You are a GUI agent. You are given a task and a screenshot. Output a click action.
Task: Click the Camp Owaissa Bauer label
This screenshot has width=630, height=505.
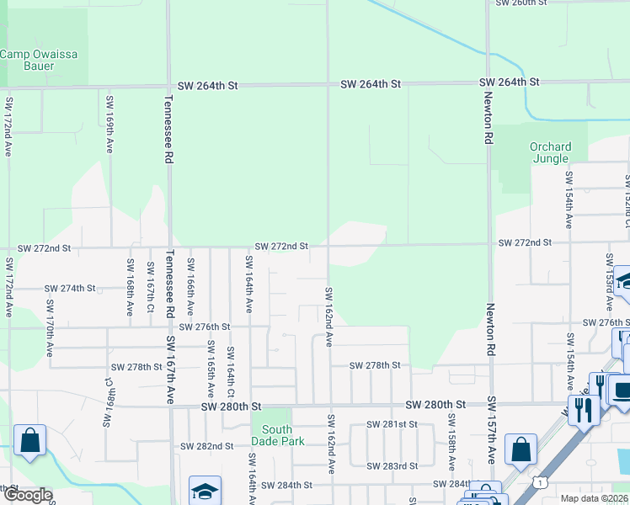39,61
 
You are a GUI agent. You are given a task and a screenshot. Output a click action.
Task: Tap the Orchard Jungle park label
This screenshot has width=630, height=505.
550,153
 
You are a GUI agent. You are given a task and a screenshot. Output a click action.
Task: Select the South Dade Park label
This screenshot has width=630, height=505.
271,435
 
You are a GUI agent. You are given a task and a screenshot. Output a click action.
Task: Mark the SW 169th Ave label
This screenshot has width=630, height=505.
109,123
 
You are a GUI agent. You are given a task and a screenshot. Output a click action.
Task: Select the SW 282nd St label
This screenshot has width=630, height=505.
207,445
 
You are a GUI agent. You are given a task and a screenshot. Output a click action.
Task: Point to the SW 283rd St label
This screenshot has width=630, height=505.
392,465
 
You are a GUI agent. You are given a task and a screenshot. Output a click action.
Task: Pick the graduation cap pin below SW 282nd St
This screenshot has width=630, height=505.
205,492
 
